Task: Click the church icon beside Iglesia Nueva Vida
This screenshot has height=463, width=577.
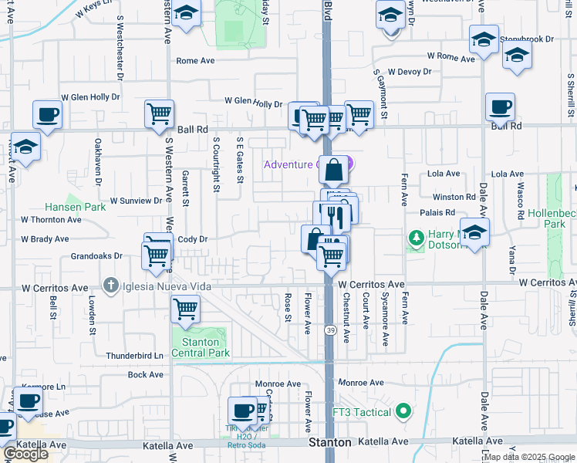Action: point(111,286)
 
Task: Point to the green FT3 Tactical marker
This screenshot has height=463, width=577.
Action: point(401,412)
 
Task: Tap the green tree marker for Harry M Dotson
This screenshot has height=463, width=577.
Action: point(417,239)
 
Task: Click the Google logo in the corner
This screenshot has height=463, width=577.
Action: point(25,454)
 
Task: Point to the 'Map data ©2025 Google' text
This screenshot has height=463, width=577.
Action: point(529,457)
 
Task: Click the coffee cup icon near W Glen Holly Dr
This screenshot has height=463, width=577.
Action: point(47,115)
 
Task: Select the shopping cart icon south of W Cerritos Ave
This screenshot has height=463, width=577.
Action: point(185,309)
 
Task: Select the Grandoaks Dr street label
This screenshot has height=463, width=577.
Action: point(96,255)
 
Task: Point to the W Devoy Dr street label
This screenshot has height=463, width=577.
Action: point(410,72)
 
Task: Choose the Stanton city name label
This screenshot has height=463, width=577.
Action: point(330,443)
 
